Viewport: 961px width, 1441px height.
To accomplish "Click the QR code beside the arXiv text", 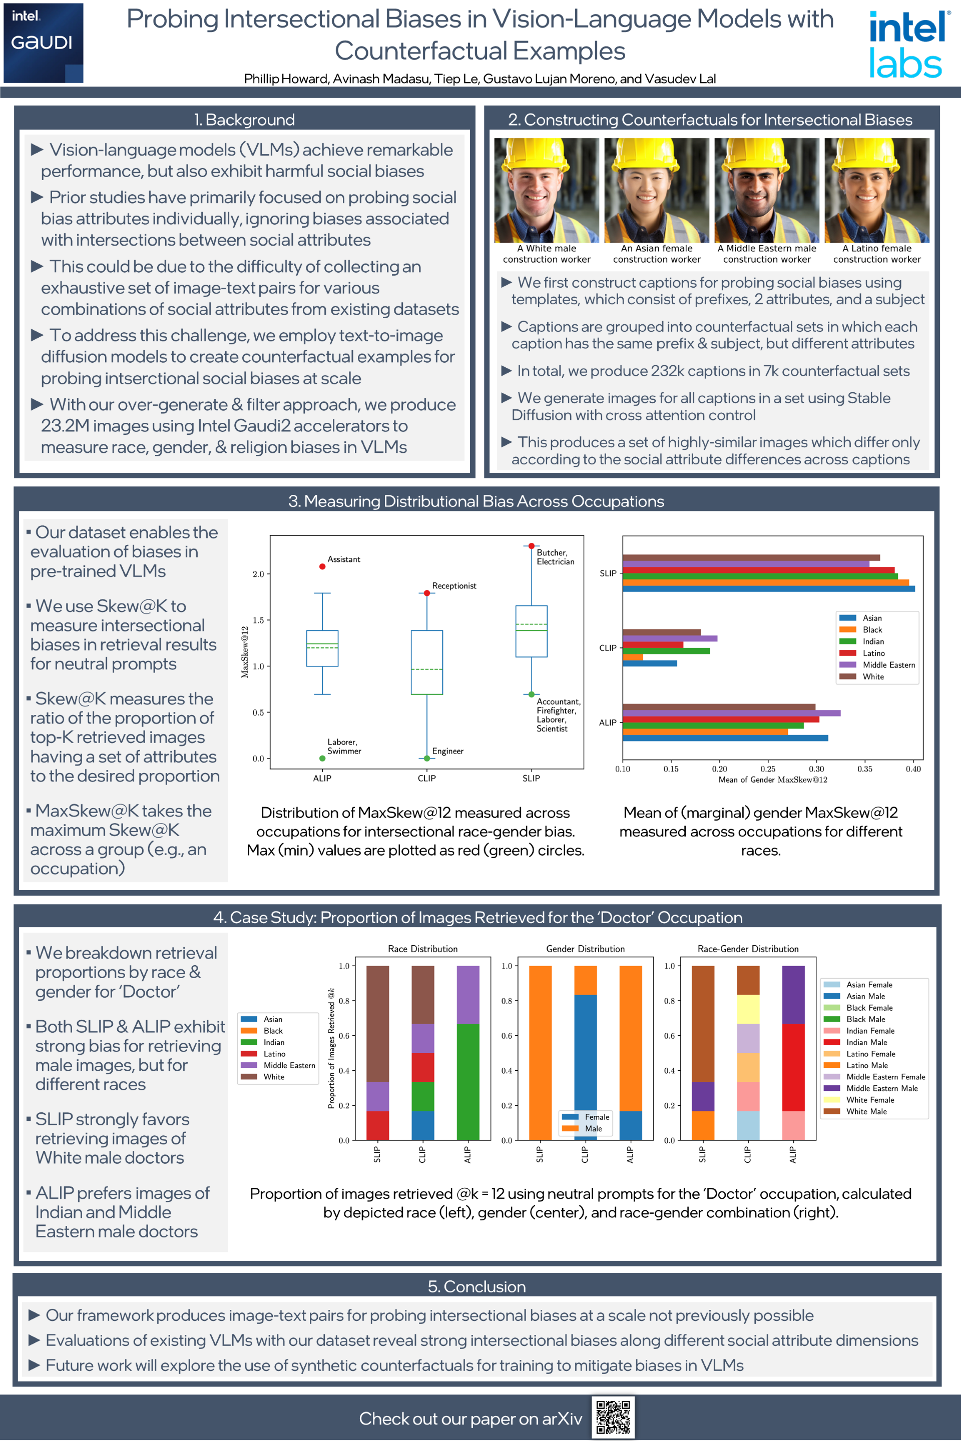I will click(612, 1417).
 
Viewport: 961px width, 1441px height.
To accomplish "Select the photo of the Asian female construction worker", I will click(656, 190).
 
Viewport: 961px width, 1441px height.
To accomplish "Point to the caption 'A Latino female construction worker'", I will click(876, 254).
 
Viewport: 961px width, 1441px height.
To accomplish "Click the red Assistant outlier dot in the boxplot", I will click(322, 566).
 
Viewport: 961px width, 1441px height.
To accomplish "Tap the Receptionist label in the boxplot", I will click(453, 586).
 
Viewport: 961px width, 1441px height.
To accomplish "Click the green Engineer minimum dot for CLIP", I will click(426, 759).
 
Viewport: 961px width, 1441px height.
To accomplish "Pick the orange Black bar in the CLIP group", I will click(633, 657).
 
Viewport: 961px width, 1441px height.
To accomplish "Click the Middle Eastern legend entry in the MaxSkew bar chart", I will click(888, 665).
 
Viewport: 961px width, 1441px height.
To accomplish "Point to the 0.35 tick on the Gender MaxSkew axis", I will click(864, 769).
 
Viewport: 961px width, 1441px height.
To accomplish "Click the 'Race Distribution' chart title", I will click(422, 949).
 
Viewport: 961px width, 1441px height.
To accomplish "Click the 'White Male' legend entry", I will click(866, 1111).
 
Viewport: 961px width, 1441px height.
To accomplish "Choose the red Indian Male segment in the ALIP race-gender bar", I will click(792, 1067).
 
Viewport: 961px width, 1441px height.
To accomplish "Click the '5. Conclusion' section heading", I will click(476, 1286).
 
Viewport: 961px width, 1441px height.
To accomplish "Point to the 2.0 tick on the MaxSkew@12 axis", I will click(258, 574).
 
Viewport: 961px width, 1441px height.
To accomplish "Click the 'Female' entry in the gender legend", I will click(596, 1117).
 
